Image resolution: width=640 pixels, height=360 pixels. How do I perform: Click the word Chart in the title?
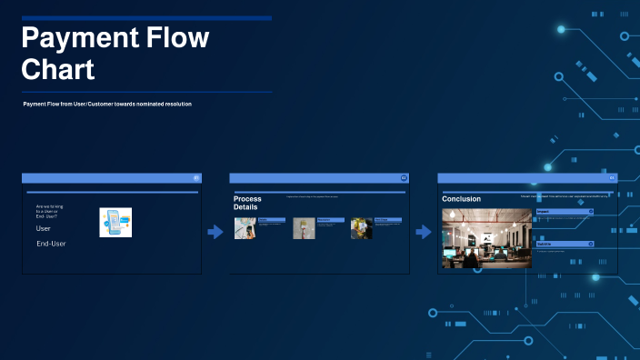click(x=57, y=69)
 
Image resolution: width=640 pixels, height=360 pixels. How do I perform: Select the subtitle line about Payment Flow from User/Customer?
click(x=107, y=105)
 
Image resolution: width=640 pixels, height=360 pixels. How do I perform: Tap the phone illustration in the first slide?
click(x=115, y=223)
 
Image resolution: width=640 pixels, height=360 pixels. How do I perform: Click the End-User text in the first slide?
click(x=51, y=244)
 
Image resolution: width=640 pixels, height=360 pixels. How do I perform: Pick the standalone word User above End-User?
click(x=44, y=229)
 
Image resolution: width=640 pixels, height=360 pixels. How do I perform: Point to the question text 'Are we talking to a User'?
click(x=49, y=213)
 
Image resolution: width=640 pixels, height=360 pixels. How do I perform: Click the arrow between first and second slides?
click(x=215, y=232)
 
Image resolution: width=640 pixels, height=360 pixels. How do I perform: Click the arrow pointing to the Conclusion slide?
click(x=424, y=232)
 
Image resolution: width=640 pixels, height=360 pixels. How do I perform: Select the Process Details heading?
click(x=247, y=203)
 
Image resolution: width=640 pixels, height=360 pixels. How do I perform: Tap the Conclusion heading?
click(x=461, y=198)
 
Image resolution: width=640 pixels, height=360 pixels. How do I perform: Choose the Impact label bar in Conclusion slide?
click(x=564, y=211)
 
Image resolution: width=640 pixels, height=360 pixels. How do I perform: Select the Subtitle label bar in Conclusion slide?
click(x=564, y=244)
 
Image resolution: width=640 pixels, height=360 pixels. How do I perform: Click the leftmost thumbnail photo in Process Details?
click(x=245, y=228)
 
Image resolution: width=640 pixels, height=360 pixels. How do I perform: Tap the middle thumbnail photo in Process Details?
click(x=303, y=228)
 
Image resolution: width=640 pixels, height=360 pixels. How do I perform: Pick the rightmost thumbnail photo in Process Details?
click(x=361, y=228)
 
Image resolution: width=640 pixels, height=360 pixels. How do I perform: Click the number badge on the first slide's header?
click(x=196, y=178)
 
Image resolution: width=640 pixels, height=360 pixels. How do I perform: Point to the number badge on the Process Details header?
click(x=404, y=178)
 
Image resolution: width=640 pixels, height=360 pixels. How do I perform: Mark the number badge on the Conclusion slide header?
click(x=612, y=178)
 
